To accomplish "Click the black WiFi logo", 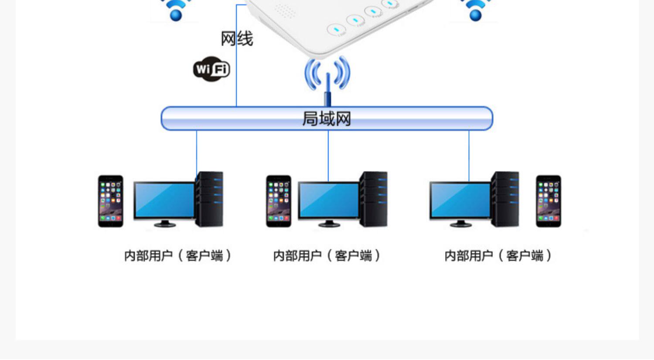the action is pyautogui.click(x=211, y=69).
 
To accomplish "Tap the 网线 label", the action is pyautogui.click(x=237, y=39).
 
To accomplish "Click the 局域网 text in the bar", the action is pyautogui.click(x=327, y=119).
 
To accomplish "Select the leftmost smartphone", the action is pyautogui.click(x=110, y=201).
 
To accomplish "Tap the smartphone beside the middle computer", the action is pyautogui.click(x=279, y=201).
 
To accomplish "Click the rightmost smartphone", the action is pyautogui.click(x=548, y=201).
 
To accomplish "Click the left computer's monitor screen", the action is pyautogui.click(x=164, y=200).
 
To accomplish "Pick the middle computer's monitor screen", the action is pyautogui.click(x=329, y=200).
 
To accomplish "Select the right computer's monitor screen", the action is pyautogui.click(x=460, y=200).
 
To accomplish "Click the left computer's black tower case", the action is pyautogui.click(x=210, y=199).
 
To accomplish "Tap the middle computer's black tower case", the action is pyautogui.click(x=374, y=199).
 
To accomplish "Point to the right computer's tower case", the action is pyautogui.click(x=505, y=199).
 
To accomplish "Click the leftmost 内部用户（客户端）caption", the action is pyautogui.click(x=177, y=255).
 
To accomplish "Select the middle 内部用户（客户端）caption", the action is pyautogui.click(x=327, y=255).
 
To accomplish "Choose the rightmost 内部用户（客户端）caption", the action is pyautogui.click(x=498, y=255).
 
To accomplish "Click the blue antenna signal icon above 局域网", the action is pyautogui.click(x=327, y=76).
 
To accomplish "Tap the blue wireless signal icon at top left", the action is pyautogui.click(x=176, y=10).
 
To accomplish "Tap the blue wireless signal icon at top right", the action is pyautogui.click(x=475, y=10).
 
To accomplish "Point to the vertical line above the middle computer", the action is pyautogui.click(x=328, y=155).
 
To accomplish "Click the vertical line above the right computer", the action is pyautogui.click(x=469, y=155).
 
